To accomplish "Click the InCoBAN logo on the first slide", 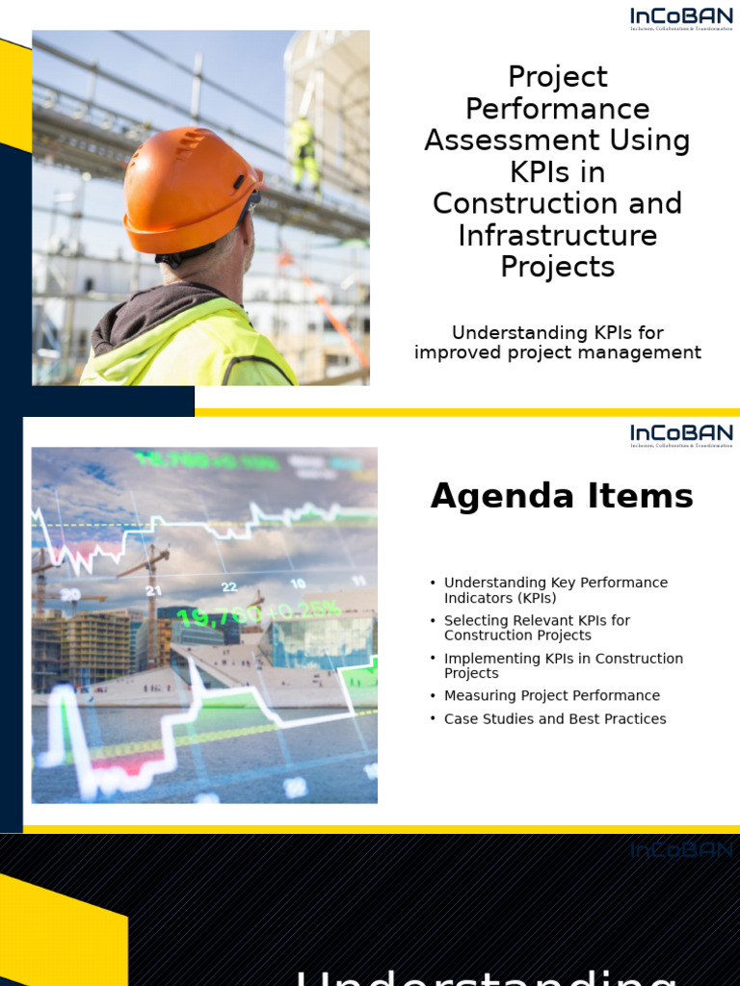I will [x=681, y=18].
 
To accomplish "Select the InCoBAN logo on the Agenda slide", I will [x=681, y=435].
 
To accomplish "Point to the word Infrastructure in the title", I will [x=557, y=236].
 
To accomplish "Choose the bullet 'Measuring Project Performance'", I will [x=551, y=695].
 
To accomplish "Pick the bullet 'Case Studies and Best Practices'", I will [x=554, y=719].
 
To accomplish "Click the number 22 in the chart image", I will [x=228, y=586].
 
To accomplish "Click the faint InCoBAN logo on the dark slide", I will [x=681, y=850].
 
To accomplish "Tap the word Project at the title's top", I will [x=557, y=77].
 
